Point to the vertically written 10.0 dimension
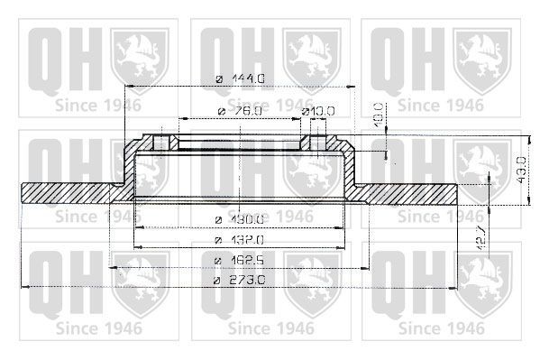coord(380,115)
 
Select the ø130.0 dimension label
coord(241,219)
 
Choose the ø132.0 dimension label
coord(241,240)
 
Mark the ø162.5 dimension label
coord(241,262)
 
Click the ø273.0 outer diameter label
coord(241,282)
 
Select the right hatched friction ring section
coord(410,193)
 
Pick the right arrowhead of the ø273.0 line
coord(457,285)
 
